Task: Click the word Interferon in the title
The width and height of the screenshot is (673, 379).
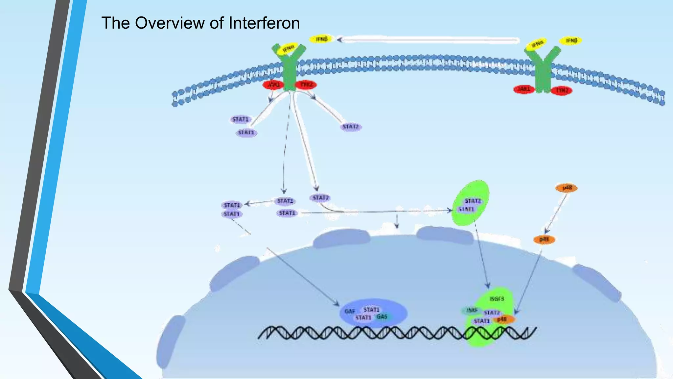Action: point(264,23)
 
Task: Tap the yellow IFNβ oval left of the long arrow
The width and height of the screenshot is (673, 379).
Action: point(321,39)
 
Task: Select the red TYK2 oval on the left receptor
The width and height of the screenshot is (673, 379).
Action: point(306,85)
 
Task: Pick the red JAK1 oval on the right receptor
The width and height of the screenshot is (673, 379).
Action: point(524,89)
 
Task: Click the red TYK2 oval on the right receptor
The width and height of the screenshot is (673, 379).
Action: point(562,90)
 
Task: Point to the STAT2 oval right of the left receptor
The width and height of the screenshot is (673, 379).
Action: point(351,127)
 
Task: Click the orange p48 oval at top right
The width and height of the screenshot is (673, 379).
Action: point(567,188)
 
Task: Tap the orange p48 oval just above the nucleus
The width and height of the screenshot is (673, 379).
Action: point(544,240)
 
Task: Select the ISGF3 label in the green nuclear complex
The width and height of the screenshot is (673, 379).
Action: point(497,299)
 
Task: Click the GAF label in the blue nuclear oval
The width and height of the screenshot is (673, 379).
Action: point(350,311)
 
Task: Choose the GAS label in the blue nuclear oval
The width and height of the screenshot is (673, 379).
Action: point(382,316)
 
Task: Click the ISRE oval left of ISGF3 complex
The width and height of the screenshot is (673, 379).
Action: point(472,310)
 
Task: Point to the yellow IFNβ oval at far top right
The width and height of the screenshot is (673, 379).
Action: point(571,40)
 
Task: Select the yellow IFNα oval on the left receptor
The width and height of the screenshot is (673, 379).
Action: point(288,49)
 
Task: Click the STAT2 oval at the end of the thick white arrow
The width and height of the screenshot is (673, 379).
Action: point(320,198)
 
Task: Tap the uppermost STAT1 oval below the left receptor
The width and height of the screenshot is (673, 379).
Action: point(240,119)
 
